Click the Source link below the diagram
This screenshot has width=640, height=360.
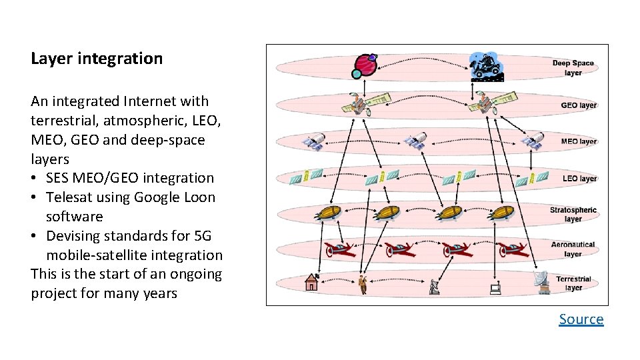pos(581,319)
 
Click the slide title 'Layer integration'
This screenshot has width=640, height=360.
pos(97,59)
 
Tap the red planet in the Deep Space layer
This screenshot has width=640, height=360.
pos(365,65)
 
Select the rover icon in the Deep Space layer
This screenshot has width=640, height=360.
pos(485,65)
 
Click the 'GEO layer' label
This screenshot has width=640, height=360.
pos(578,105)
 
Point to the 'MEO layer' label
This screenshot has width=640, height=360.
pos(578,141)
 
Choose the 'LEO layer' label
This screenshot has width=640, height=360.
pos(579,179)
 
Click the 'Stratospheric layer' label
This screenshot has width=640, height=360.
pos(573,215)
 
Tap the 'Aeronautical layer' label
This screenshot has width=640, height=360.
pos(573,249)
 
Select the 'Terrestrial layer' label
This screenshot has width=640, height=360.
pos(573,284)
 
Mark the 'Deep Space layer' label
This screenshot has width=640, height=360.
pos(573,68)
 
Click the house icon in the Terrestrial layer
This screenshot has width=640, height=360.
pos(311,282)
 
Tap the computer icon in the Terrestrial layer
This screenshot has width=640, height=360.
pos(495,289)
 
